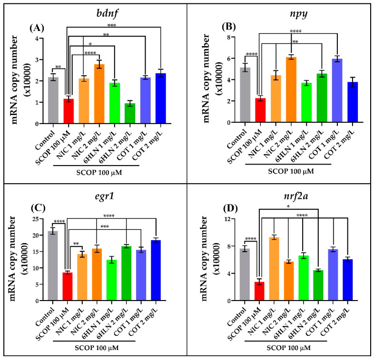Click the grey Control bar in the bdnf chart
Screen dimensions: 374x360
click(53, 100)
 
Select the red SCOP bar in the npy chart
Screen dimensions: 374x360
click(260, 110)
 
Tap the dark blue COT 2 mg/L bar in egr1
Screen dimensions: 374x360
click(156, 270)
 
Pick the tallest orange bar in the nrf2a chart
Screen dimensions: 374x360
click(274, 269)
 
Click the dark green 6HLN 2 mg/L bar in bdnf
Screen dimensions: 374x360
click(130, 114)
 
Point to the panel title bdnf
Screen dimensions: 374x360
click(107, 13)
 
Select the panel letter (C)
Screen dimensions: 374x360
click(38, 208)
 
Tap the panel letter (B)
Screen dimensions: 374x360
click(229, 27)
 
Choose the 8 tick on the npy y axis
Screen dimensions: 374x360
click(229, 37)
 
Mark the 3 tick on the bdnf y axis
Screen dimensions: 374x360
click(37, 59)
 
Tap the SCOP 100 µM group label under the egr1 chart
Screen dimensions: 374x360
click(97, 348)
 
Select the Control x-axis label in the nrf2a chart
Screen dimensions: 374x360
click(236, 316)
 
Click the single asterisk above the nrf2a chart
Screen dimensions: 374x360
click(288, 206)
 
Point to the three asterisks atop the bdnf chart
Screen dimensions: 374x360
click(112, 25)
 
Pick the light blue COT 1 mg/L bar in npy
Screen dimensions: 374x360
click(337, 91)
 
